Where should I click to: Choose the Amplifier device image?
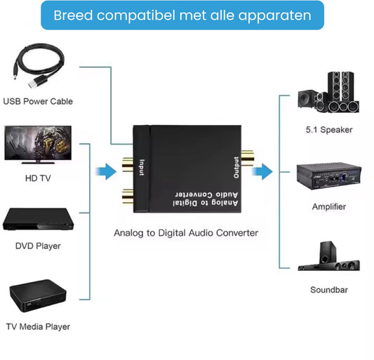pos(328,178)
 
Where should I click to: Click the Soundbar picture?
pos(328,257)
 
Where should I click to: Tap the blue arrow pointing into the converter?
pos(105,171)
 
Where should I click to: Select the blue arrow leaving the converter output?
pos(263,171)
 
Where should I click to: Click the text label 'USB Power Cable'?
pos(38,101)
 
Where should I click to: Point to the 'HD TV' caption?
pos(38,178)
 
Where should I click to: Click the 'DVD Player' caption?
pos(38,246)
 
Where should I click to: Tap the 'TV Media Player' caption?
pos(39,326)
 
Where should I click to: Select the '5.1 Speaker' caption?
pos(328,130)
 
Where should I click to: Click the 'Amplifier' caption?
pos(328,207)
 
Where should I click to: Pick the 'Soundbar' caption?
pos(328,289)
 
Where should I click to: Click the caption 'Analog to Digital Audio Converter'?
pos(186,232)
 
